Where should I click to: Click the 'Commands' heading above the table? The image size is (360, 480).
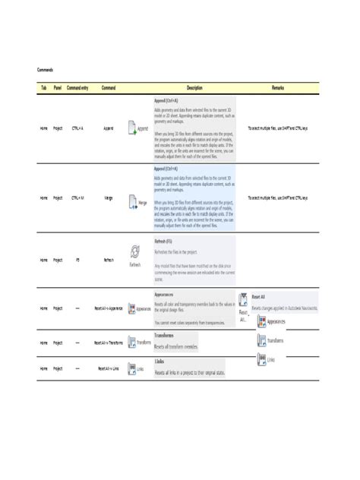tap(46, 68)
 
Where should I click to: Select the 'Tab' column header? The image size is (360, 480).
tap(43, 89)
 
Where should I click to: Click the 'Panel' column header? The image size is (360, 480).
tap(58, 89)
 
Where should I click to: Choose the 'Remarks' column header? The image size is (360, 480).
tap(278, 89)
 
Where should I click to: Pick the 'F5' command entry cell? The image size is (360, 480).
tap(78, 260)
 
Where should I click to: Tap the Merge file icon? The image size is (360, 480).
tap(131, 201)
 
